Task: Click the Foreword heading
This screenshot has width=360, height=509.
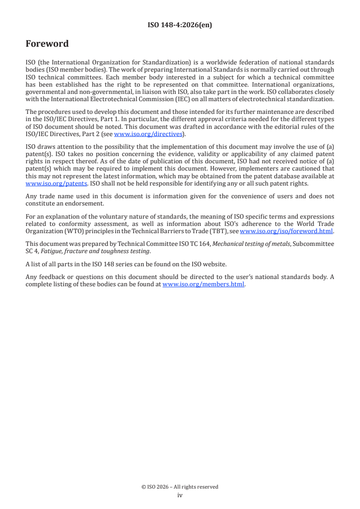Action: (x=47, y=44)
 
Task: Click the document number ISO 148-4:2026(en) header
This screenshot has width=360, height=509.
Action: (x=180, y=25)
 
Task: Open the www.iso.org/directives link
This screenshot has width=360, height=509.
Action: (x=148, y=134)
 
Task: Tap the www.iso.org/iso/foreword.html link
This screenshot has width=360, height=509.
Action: (x=286, y=231)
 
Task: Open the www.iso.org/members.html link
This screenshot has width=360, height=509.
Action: (x=203, y=284)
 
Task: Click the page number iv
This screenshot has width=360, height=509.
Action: (x=180, y=495)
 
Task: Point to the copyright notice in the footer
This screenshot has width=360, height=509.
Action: (x=180, y=487)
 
